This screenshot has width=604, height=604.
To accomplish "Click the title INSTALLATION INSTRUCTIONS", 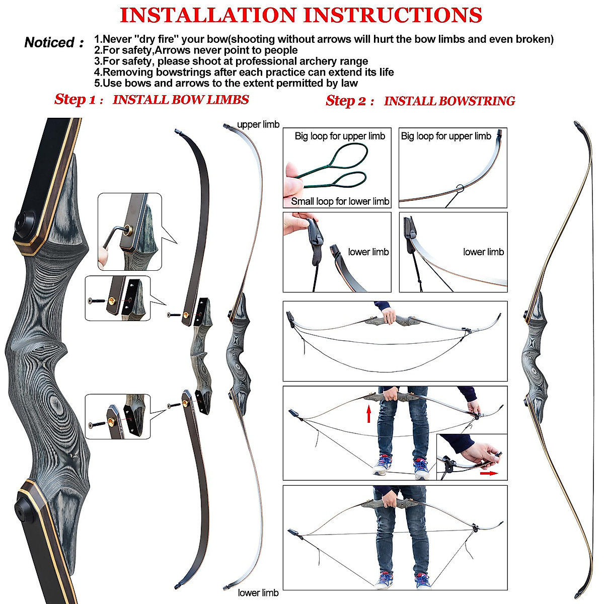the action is (301, 15).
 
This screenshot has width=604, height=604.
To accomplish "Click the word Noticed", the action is (50, 43).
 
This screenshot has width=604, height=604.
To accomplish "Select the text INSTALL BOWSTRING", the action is (449, 101).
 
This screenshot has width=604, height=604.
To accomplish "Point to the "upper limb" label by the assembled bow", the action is (258, 125).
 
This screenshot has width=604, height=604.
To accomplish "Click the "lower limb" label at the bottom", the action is (258, 593).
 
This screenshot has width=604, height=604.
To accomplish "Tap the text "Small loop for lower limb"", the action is (340, 201).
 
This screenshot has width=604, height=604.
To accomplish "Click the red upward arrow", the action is (369, 414).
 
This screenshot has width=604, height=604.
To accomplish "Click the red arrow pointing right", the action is (488, 473).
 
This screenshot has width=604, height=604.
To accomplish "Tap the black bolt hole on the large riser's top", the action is (23, 221).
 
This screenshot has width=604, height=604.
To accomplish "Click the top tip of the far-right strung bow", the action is (576, 123).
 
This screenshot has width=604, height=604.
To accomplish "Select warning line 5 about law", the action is (226, 84).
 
